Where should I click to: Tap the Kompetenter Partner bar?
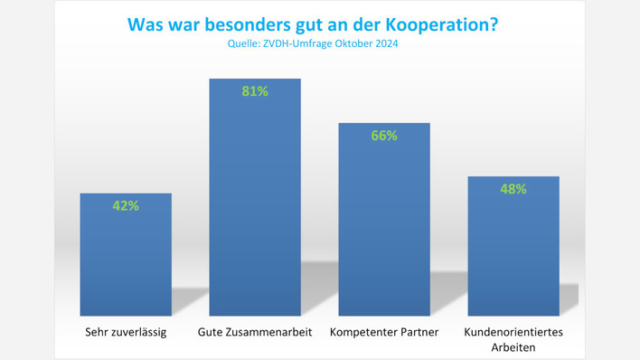[x=383, y=226]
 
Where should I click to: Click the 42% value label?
[x=126, y=205]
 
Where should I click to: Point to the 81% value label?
[x=255, y=91]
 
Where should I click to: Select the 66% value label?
[x=383, y=135]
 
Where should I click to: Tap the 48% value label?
[x=513, y=189]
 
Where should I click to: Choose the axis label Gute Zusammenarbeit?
[x=255, y=332]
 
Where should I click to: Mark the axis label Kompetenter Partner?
[x=384, y=332]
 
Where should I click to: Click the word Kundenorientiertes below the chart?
[x=513, y=332]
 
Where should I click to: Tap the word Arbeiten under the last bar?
[x=513, y=346]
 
